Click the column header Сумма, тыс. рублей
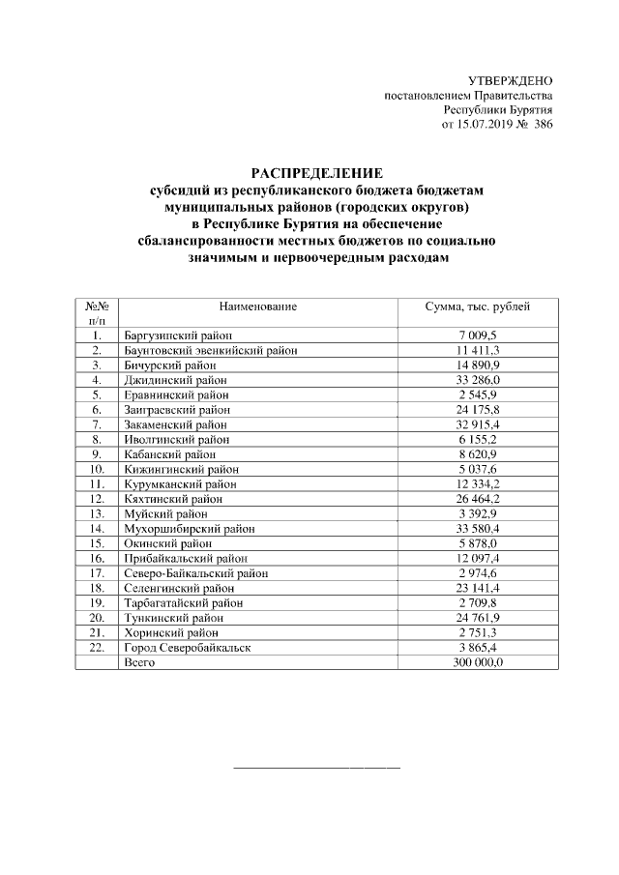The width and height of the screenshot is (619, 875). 478,306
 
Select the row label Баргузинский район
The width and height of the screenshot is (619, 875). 178,335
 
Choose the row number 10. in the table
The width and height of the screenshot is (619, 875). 97,469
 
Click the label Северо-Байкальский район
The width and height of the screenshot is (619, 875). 195,572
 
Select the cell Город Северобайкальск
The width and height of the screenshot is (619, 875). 187,647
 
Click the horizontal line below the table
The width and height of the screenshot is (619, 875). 317,768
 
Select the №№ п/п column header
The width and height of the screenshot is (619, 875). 97,313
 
